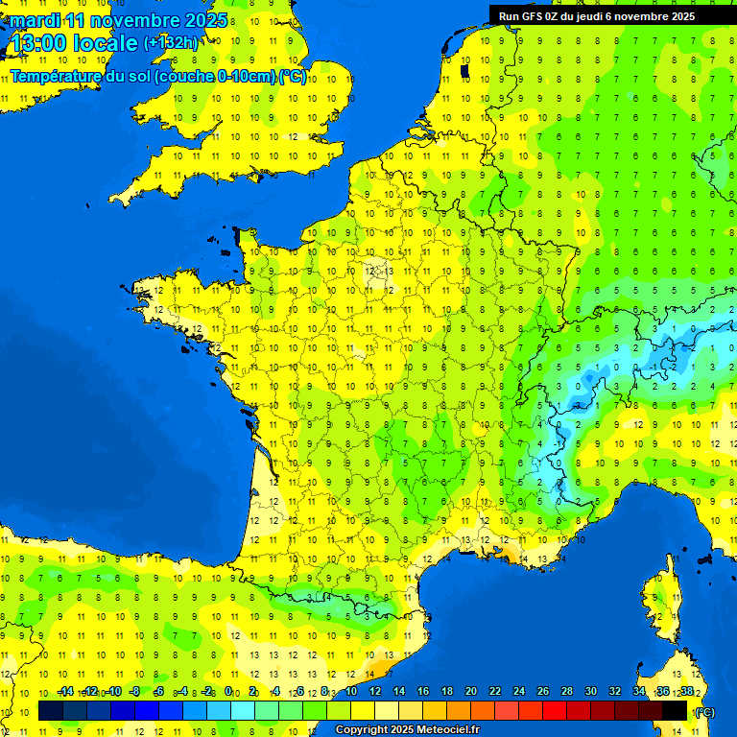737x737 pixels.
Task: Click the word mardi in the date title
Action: coord(36,20)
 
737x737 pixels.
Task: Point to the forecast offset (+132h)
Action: coord(171,43)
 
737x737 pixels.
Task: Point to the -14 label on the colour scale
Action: coord(65,691)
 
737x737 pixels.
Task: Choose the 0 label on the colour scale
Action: coord(229,691)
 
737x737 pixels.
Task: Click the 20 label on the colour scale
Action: coord(471,691)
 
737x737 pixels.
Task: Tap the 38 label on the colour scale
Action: coord(687,691)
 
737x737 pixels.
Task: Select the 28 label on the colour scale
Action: coord(567,691)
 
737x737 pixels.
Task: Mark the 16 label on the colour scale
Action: coord(423,691)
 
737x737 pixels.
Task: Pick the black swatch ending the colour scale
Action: coord(675,711)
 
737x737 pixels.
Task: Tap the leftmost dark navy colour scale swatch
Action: coord(51,711)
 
